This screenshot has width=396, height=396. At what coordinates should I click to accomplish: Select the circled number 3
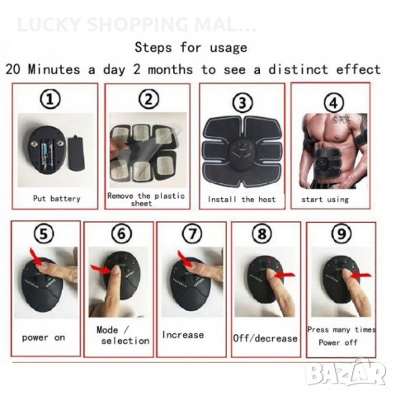242,103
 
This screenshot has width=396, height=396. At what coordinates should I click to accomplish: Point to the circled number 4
332,103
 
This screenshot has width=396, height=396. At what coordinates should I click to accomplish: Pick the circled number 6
120,234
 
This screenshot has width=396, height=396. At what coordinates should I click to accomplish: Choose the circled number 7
191,234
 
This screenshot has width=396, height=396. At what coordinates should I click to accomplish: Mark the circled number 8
262,234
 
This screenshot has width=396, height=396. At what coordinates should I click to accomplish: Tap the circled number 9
339,234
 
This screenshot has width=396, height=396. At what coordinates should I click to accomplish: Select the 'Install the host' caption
242,200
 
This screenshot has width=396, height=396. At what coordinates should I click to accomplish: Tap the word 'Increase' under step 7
183,335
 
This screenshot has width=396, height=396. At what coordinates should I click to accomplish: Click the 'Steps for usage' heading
191,47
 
